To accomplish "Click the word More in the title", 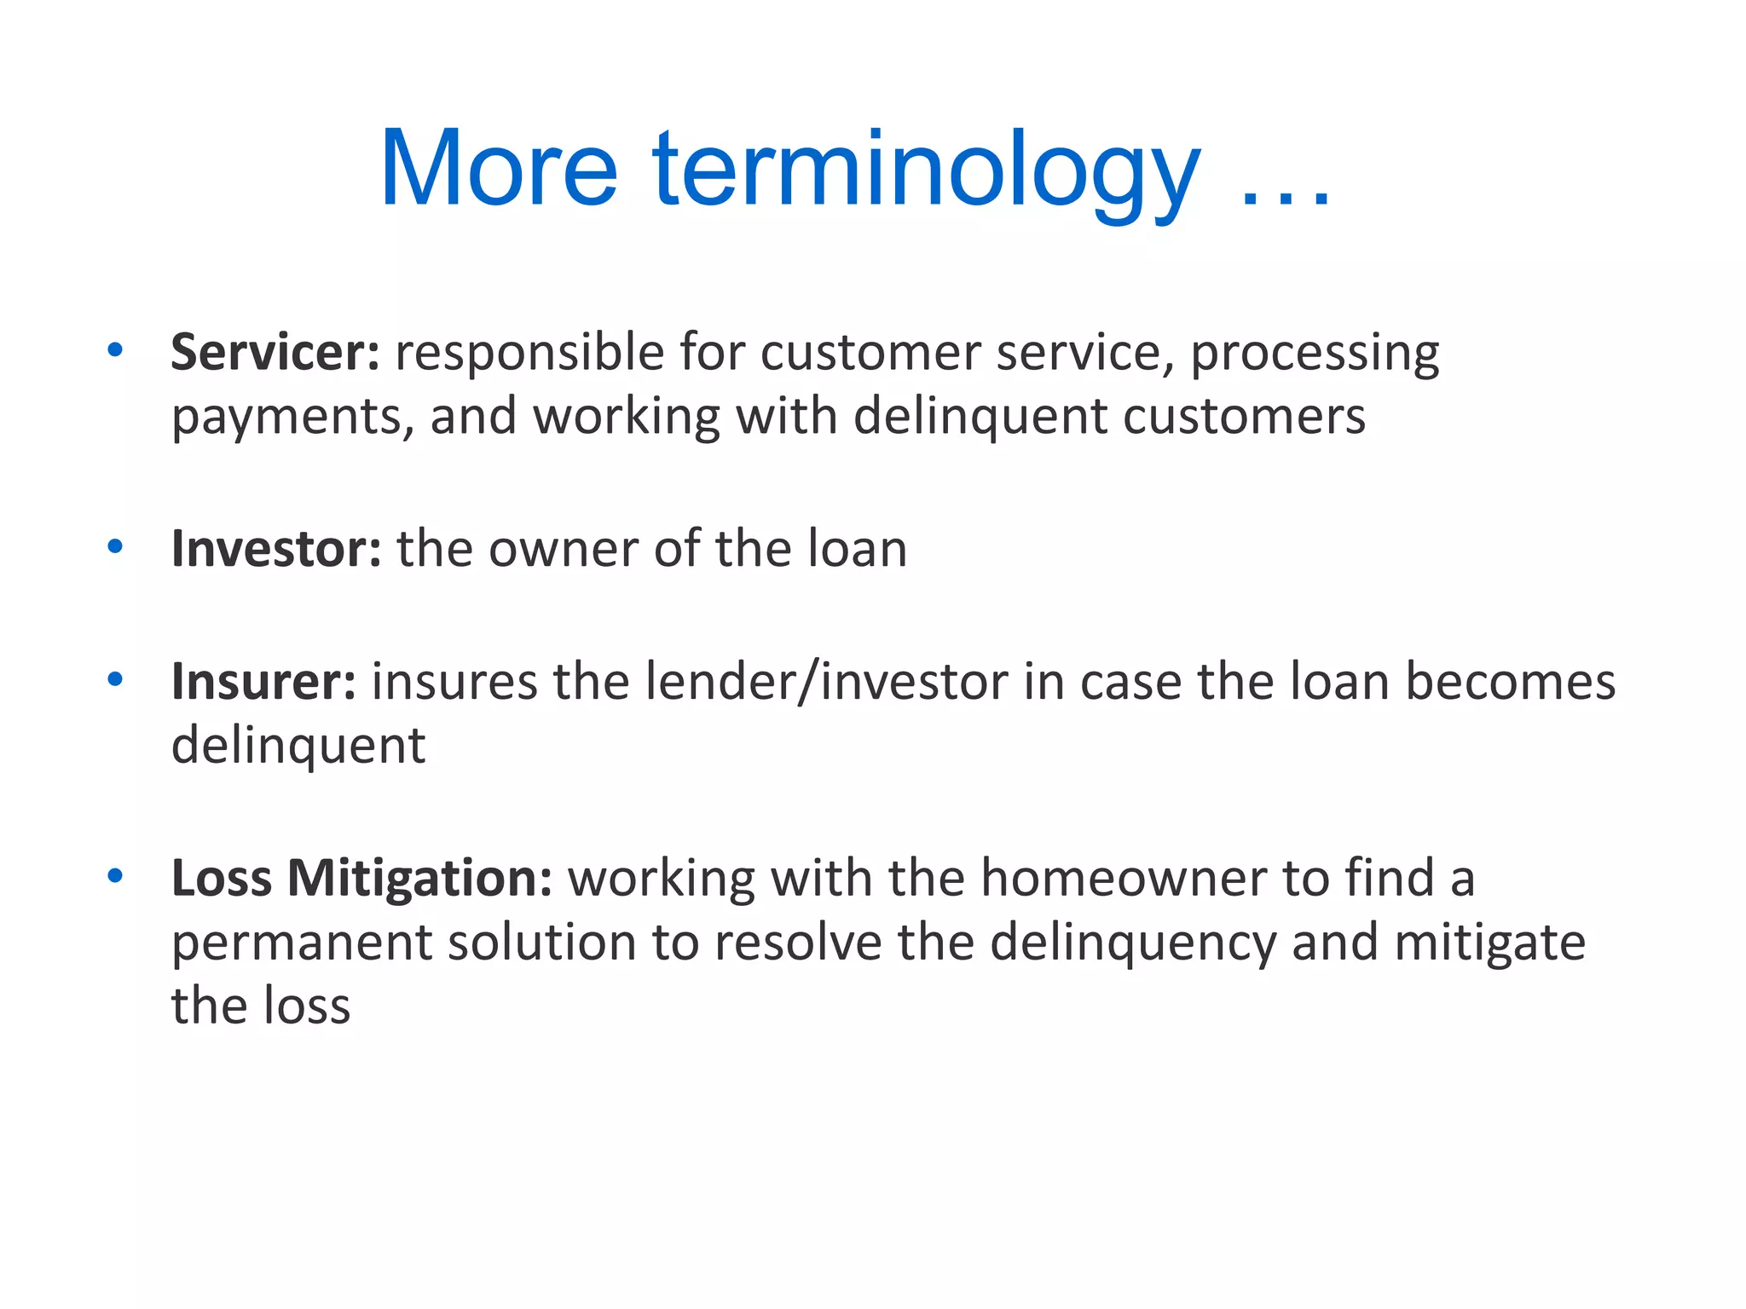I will pyautogui.click(x=499, y=168).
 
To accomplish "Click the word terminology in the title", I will pyautogui.click(x=926, y=170).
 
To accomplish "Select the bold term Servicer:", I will pyautogui.click(x=275, y=352).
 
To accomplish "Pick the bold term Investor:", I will pyautogui.click(x=275, y=549).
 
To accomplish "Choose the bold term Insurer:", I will pyautogui.click(x=263, y=682).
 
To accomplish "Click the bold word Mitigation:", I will pyautogui.click(x=419, y=879).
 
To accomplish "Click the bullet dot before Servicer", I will pyautogui.click(x=115, y=350).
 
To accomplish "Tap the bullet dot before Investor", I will pyautogui.click(x=115, y=547).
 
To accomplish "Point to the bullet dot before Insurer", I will pyautogui.click(x=115, y=680).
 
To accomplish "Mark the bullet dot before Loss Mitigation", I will pyautogui.click(x=115, y=876).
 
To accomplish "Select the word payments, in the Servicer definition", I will pyautogui.click(x=292, y=418).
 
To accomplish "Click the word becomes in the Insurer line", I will pyautogui.click(x=1509, y=682).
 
